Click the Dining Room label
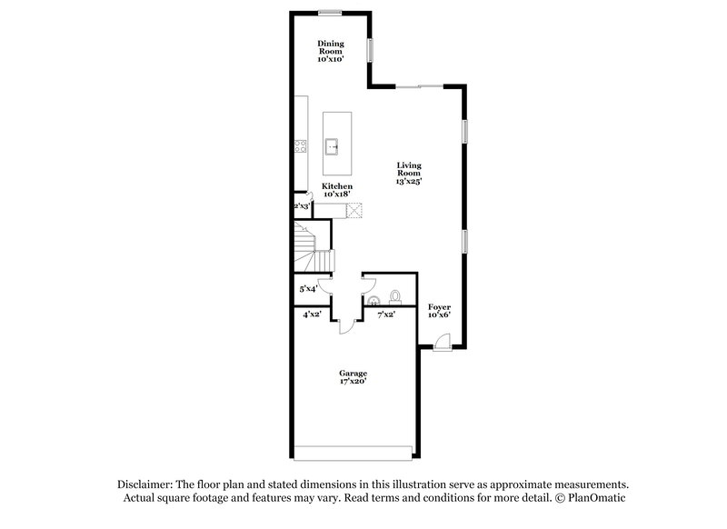point(330,48)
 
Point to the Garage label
point(354,377)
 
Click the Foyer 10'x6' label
point(440,312)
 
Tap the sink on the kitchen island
point(334,144)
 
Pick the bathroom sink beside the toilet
point(372,300)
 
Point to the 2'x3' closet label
point(302,206)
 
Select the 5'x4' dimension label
point(309,289)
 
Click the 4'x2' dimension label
point(312,315)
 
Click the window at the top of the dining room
point(330,12)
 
